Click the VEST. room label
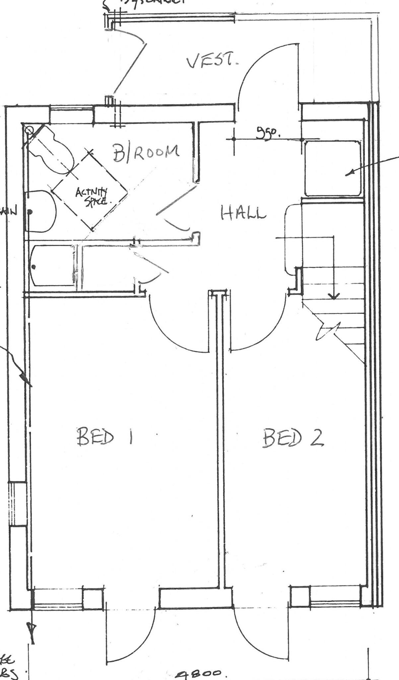212,62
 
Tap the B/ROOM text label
146,153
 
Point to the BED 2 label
293,438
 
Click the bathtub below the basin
51,266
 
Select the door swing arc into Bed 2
265,339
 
